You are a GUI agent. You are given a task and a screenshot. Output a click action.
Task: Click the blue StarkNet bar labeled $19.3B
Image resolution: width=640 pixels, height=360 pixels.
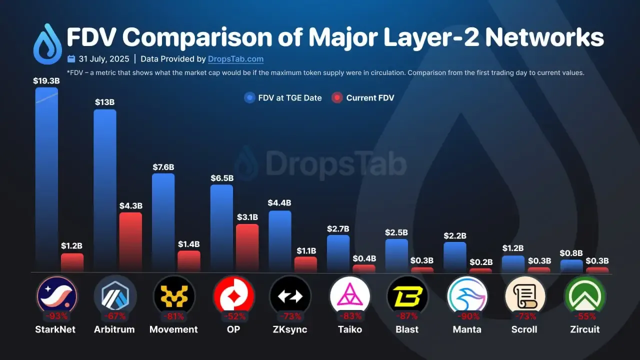click(x=46, y=180)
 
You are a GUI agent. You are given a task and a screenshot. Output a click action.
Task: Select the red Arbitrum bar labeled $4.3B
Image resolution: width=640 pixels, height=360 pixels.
click(x=130, y=242)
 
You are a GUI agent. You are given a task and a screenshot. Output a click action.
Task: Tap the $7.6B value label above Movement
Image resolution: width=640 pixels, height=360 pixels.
click(x=163, y=167)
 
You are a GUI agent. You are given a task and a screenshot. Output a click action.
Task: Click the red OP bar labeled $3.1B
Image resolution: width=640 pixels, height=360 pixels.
click(x=247, y=248)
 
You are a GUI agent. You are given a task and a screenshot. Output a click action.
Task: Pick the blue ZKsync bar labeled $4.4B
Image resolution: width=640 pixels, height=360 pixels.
click(x=279, y=241)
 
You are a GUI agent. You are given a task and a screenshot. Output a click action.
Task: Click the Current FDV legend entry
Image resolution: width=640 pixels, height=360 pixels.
click(x=363, y=98)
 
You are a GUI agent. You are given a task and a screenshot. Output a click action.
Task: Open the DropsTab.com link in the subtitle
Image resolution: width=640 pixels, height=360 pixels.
click(x=235, y=59)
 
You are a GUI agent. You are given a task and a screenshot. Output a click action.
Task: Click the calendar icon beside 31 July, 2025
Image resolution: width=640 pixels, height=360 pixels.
click(x=71, y=59)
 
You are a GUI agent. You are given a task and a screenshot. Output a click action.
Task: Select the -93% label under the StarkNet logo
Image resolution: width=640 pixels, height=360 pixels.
click(x=56, y=316)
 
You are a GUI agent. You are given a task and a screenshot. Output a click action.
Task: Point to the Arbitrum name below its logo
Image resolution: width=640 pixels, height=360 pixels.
click(x=114, y=329)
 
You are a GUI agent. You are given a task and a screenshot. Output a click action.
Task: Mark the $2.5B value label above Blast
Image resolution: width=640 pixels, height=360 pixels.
click(x=396, y=232)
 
